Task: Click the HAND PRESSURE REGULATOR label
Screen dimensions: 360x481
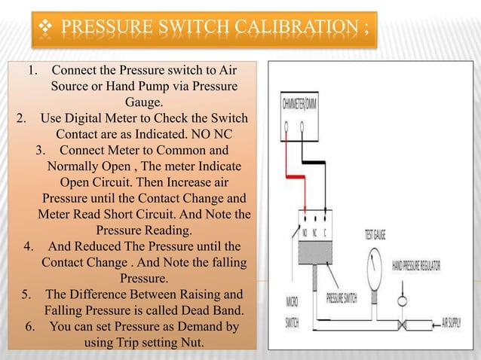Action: pyautogui.click(x=416, y=266)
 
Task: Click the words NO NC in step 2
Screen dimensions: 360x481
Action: pyautogui.click(x=212, y=134)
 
